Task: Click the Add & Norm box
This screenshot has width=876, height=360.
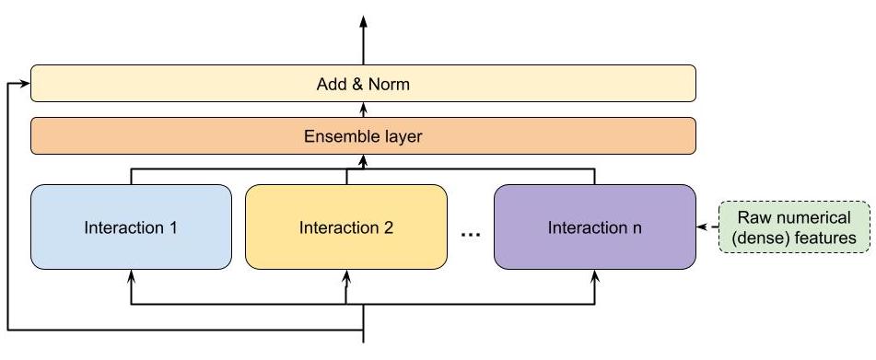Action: coord(363,84)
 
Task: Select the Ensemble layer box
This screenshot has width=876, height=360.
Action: coord(363,136)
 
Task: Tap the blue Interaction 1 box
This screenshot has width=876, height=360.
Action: coord(131,226)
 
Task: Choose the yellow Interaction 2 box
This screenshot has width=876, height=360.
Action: coord(346,226)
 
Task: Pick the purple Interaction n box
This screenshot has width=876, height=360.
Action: coord(594,226)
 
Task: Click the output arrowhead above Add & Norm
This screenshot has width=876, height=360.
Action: coord(363,21)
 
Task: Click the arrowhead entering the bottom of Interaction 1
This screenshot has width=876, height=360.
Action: coord(131,274)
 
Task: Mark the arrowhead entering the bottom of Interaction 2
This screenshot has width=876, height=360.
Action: coord(346,274)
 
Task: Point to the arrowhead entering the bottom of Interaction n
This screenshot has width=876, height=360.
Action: coord(594,274)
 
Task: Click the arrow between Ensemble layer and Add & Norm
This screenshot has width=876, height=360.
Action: coord(363,110)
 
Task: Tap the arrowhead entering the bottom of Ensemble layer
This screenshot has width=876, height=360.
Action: coord(363,160)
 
